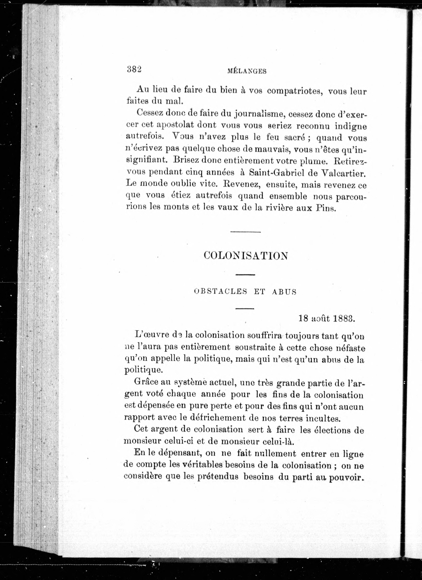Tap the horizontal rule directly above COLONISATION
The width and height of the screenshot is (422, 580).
click(x=245, y=232)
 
